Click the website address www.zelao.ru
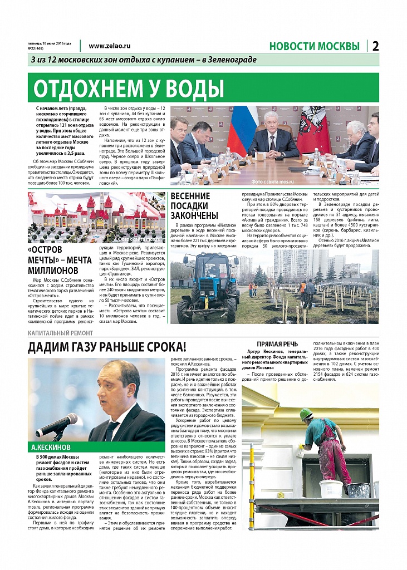(x=109, y=47)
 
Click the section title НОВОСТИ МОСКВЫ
(x=314, y=46)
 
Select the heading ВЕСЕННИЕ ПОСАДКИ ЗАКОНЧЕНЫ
(x=190, y=205)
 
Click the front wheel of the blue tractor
(x=184, y=309)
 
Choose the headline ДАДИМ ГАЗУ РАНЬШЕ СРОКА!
(x=107, y=348)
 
